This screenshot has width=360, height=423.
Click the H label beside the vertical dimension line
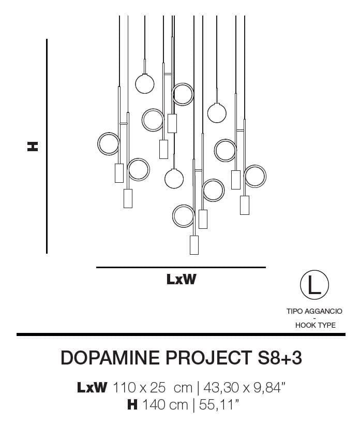(33, 146)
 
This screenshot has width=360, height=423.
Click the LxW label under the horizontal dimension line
(182, 279)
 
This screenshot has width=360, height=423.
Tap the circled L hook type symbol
(314, 285)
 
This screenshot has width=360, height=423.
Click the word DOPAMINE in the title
(110, 358)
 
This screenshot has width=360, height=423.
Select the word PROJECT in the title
(208, 358)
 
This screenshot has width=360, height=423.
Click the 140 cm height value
(165, 405)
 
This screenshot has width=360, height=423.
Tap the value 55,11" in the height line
(219, 405)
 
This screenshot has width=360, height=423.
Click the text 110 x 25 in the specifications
(139, 388)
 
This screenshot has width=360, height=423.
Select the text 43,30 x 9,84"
(244, 388)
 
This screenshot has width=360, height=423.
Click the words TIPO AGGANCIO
(314, 311)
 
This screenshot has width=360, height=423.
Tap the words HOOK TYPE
(316, 325)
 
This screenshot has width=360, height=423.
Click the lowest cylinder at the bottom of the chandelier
(194, 245)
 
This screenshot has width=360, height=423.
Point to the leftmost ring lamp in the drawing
(108, 144)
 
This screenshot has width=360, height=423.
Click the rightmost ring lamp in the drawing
(255, 176)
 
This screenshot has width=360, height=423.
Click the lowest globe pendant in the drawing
(174, 178)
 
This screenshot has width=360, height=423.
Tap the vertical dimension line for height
(47, 146)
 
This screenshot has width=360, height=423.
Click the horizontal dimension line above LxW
(181, 267)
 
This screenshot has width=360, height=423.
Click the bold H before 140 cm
(132, 405)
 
